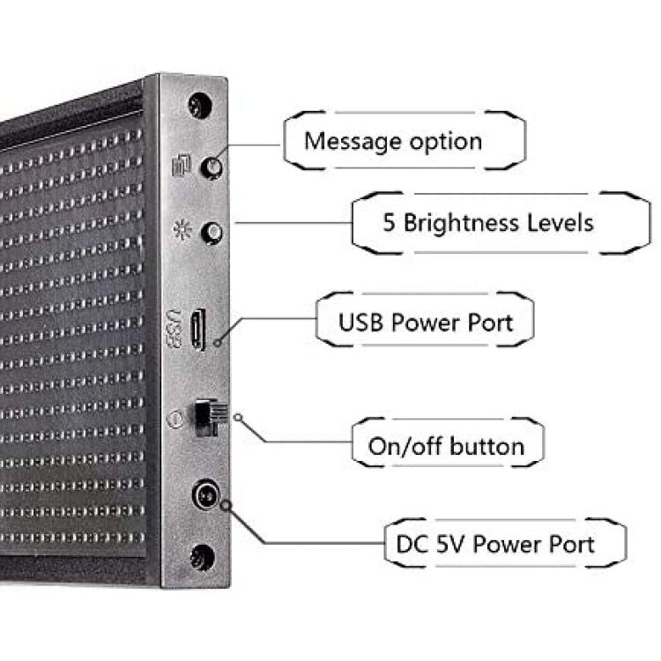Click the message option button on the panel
[x=212, y=167]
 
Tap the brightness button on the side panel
[x=212, y=233]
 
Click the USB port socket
[x=198, y=330]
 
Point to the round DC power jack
[x=206, y=494]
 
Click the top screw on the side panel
[x=200, y=105]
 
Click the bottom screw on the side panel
[x=202, y=557]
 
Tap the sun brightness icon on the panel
[x=182, y=230]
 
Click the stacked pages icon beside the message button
[x=182, y=165]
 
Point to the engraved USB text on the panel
[x=175, y=330]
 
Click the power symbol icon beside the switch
[x=175, y=419]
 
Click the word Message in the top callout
[x=353, y=142]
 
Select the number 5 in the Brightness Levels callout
[x=389, y=223]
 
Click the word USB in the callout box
[x=360, y=323]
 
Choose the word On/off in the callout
[x=405, y=446]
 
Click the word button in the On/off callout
[x=486, y=446]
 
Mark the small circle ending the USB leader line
[x=218, y=342]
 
